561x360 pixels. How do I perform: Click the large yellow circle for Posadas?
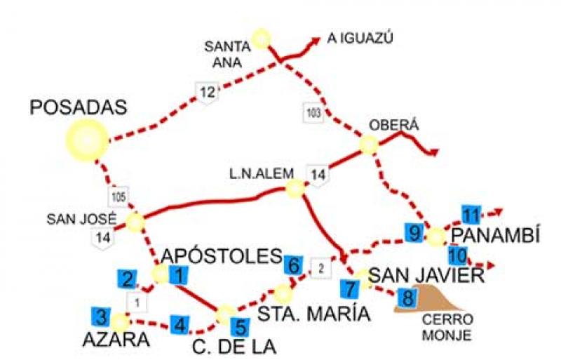point(87,138)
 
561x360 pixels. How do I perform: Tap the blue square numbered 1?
point(179,276)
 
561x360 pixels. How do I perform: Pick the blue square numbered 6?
point(294,265)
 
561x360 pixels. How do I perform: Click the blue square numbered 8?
point(405,297)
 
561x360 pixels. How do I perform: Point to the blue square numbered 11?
point(471,214)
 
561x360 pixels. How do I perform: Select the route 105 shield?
point(119,196)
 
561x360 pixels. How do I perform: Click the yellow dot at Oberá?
point(369,145)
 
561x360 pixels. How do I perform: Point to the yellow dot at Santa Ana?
point(262,37)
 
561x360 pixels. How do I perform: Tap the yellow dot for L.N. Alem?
point(295,187)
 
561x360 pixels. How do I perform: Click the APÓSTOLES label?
point(221,255)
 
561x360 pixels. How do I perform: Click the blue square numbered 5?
point(240,327)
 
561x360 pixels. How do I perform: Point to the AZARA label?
point(116,341)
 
